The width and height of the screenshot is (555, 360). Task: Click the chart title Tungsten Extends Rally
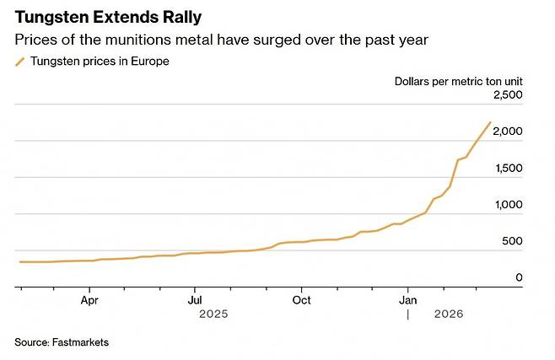pos(107,18)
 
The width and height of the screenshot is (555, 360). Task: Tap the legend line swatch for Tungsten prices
pos(19,61)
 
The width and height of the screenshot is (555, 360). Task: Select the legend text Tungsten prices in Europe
pos(100,61)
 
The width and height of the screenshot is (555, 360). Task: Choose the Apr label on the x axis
pos(89,298)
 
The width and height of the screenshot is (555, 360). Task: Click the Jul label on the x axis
pos(195,298)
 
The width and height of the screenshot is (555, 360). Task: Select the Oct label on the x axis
pos(301,298)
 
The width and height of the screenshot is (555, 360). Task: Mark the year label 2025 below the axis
pos(213,314)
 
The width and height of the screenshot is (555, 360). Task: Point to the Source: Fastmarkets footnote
pos(62,342)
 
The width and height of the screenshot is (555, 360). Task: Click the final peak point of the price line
pos(490,122)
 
